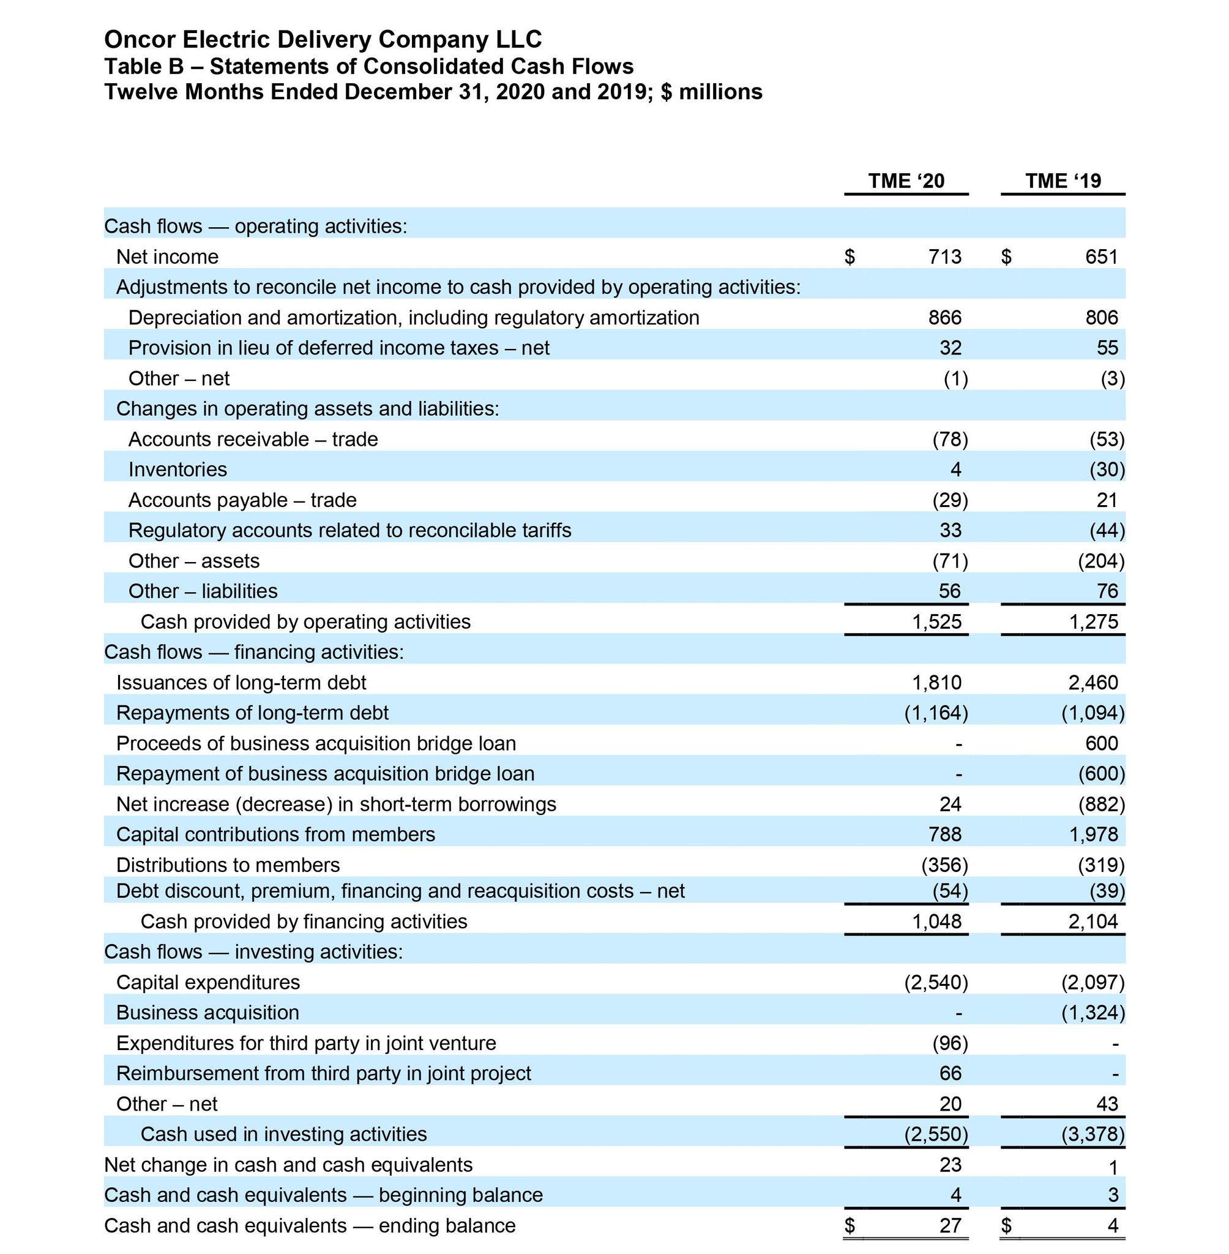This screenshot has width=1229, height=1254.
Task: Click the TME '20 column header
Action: coord(906,181)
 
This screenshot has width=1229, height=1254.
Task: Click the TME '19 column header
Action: coord(1063,181)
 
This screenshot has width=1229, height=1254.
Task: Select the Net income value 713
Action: coord(945,257)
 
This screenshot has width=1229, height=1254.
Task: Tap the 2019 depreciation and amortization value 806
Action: coord(1101,318)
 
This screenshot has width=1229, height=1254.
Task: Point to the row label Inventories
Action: coord(177,470)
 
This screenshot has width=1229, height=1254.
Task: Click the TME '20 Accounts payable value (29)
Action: coord(950,500)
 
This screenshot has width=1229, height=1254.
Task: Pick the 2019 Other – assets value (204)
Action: coord(1101,561)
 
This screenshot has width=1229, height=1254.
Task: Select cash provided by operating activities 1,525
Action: coord(936,622)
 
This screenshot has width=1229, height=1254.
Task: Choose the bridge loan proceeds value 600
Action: coord(1101,743)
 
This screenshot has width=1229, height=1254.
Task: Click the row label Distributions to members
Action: coord(228,865)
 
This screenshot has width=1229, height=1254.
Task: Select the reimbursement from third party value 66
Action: coord(950,1073)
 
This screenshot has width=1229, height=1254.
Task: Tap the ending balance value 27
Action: coord(950,1226)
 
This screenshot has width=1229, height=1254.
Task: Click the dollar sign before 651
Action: coord(1006,257)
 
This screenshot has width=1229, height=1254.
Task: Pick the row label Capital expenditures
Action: coord(208,982)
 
